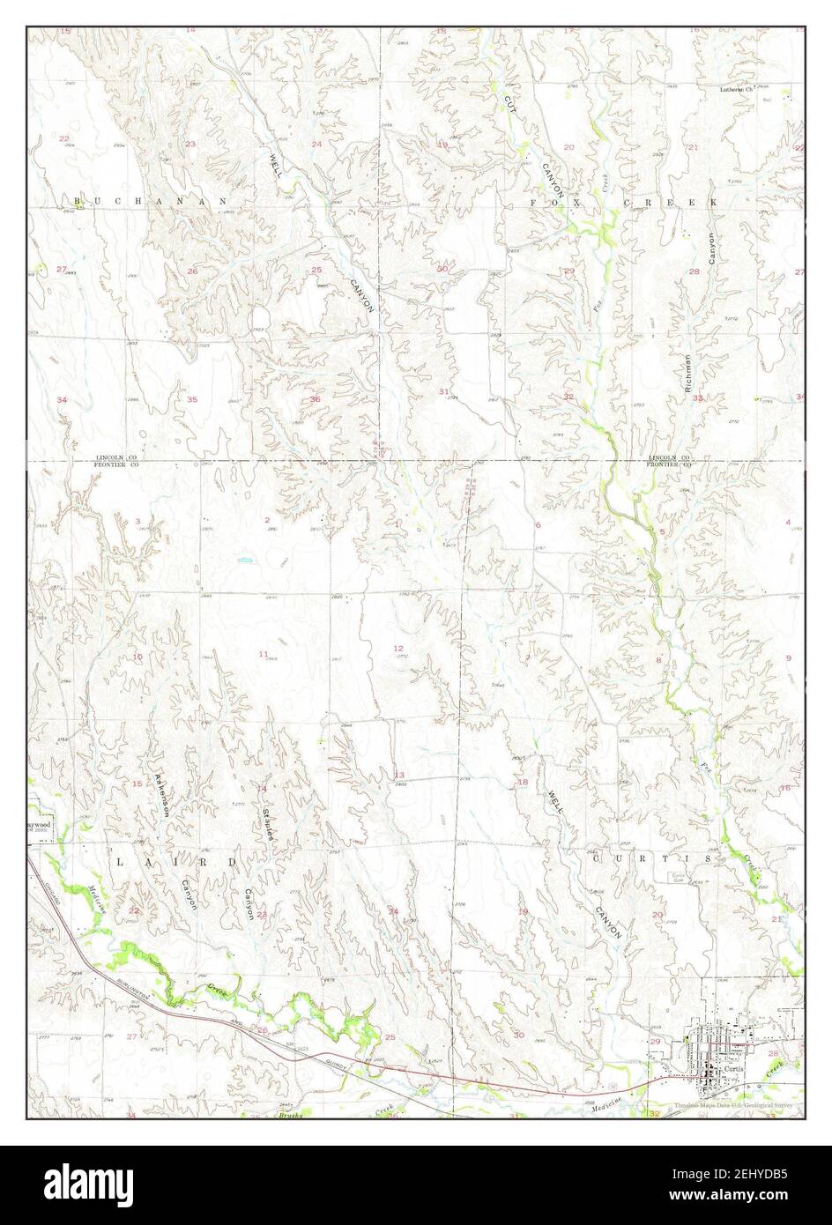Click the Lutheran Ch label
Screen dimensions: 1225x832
737,89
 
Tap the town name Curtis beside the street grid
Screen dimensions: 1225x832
733,1065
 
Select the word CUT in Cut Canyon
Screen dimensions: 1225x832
509,103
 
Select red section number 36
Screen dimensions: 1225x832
315,399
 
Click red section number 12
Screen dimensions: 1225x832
397,649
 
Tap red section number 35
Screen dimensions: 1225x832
192,399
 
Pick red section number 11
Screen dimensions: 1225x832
263,653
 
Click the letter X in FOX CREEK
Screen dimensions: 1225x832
578,203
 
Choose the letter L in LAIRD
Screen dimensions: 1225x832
119,860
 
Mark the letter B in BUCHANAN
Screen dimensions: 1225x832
78,202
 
